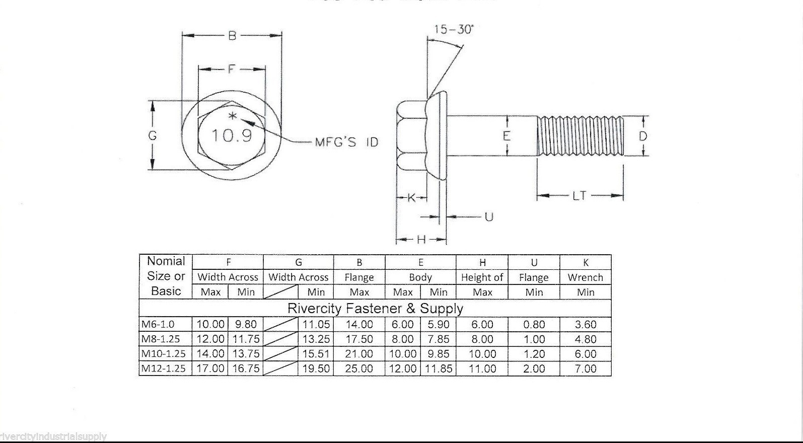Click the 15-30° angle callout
(454, 29)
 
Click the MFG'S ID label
(346, 142)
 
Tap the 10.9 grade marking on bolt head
(231, 135)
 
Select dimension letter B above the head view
(232, 36)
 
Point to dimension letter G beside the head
(153, 135)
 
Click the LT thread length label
(579, 195)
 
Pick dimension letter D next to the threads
(643, 136)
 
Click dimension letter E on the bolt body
(506, 136)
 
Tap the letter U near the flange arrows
(488, 217)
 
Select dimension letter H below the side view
(421, 240)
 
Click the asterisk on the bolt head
(232, 117)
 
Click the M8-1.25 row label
(161, 339)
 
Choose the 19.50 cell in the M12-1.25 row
(316, 369)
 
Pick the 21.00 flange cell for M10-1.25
(359, 354)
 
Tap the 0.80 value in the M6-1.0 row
(534, 325)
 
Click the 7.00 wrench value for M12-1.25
(586, 369)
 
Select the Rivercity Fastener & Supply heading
(375, 308)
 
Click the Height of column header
(482, 277)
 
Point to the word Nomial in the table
(166, 261)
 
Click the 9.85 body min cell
(438, 354)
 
